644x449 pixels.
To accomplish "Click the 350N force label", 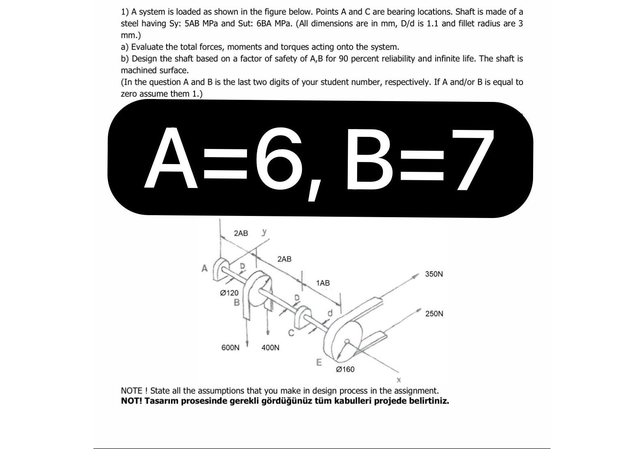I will click(x=434, y=274).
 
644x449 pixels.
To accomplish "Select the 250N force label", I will click(x=434, y=314).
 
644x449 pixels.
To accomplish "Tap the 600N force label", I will click(x=230, y=348).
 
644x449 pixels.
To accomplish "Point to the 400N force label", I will click(x=270, y=348).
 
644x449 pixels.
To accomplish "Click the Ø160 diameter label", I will click(x=345, y=369).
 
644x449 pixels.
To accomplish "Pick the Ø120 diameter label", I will click(x=229, y=293).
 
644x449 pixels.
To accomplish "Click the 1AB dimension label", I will click(x=323, y=283).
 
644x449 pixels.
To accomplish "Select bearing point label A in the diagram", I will click(x=204, y=268).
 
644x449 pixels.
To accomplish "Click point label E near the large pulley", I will click(x=319, y=362).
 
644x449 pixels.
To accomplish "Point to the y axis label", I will click(x=265, y=231).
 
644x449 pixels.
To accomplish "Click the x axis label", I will click(x=399, y=380).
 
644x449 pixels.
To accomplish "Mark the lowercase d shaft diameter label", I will click(x=330, y=313).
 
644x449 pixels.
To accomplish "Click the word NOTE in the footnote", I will click(x=132, y=391).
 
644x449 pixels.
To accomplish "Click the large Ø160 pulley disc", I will click(x=347, y=333).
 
